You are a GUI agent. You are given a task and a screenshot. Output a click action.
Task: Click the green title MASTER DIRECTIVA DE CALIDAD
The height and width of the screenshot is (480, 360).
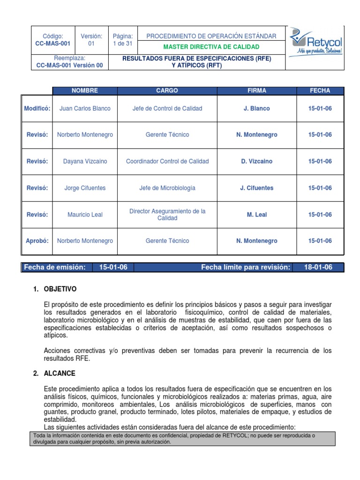(211, 47)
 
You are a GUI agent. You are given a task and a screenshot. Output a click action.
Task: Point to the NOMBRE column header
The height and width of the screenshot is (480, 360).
(85, 90)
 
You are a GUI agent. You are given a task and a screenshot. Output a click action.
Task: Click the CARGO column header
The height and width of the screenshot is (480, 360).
(167, 90)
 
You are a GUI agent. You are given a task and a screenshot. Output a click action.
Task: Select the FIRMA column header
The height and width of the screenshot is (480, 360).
(256, 90)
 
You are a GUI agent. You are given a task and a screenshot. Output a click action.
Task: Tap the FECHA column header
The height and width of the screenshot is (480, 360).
(320, 90)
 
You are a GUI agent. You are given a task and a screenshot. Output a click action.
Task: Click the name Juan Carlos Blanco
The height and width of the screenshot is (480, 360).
(85, 108)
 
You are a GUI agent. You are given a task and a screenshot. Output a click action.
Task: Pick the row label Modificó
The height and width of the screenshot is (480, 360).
(37, 108)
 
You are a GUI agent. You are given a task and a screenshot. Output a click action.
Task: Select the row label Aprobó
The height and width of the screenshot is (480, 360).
(37, 241)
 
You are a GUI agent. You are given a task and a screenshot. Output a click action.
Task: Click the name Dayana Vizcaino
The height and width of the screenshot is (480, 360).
(85, 161)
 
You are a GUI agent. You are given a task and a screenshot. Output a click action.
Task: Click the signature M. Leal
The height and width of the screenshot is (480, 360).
(256, 215)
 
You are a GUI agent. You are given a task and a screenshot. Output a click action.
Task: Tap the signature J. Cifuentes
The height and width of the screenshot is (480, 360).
(256, 188)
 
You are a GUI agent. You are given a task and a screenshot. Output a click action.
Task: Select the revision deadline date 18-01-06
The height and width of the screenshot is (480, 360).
(318, 267)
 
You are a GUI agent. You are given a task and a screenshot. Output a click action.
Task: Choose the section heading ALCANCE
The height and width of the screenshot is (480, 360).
(59, 374)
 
